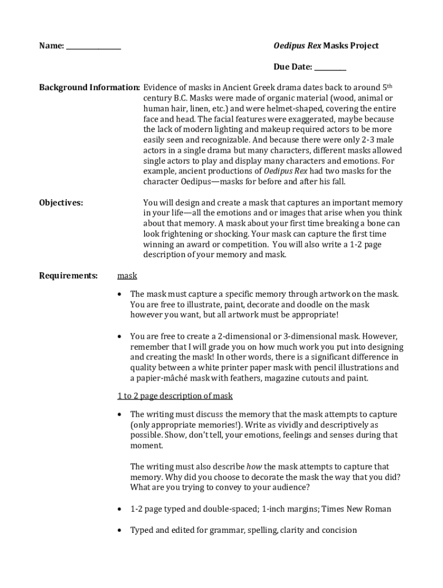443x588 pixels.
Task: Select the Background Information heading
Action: point(89,88)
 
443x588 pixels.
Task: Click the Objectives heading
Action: point(61,203)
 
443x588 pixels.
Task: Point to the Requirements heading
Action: point(68,276)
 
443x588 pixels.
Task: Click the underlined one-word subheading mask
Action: point(127,276)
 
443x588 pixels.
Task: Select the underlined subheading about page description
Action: point(175,396)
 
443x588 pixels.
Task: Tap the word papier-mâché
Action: point(159,378)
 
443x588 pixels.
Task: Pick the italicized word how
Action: point(254,466)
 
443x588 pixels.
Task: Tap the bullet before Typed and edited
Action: point(119,531)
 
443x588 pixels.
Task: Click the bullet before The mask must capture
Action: point(119,295)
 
